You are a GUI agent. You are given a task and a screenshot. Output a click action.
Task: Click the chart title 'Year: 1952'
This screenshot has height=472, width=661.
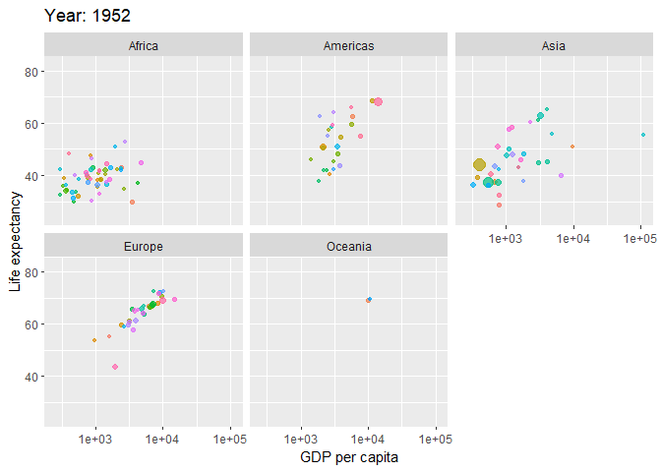88,16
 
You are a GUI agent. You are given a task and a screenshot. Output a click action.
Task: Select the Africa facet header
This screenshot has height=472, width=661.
143,45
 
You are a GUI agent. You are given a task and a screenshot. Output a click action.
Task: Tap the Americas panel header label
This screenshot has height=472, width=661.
348,45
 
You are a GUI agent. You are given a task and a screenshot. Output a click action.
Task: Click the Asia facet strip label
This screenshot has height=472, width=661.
553,45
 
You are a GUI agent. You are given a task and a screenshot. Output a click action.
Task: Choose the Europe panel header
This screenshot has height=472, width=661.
143,246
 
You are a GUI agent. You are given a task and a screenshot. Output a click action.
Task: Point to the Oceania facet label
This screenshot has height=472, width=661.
348,246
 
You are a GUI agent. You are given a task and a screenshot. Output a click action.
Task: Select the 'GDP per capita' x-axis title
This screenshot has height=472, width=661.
348,457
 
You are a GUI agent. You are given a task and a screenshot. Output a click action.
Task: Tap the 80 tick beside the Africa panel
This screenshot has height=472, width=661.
31,72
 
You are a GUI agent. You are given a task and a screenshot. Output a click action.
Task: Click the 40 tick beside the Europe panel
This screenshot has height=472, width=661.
31,377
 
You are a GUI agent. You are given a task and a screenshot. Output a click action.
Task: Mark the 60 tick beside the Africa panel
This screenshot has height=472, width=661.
31,124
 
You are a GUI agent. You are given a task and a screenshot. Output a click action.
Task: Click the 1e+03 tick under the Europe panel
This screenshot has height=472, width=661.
95,439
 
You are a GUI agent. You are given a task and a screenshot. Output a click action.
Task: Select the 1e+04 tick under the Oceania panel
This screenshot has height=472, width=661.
368,439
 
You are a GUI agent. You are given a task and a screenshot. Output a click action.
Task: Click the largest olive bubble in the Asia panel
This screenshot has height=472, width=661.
479,165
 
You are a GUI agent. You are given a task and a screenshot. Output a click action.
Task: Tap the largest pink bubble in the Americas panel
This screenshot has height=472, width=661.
378,101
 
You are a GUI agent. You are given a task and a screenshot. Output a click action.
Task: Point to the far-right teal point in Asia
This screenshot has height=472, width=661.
643,135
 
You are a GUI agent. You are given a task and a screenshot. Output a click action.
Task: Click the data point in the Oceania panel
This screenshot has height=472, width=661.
369,299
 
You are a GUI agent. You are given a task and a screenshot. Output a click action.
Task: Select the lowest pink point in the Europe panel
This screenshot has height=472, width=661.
115,367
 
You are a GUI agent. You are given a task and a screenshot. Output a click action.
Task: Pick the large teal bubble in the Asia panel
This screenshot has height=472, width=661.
488,182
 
